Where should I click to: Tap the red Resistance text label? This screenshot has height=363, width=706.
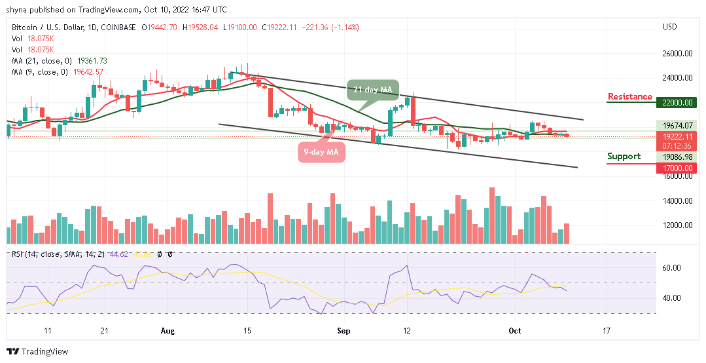pos(629,97)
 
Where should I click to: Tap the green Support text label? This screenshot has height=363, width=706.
pos(624,157)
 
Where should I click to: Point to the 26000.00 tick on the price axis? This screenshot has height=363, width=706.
pos(677,54)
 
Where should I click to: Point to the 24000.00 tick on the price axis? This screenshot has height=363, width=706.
pos(677,78)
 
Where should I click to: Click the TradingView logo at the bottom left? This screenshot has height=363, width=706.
pos(37,352)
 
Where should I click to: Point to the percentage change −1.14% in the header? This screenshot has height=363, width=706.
pos(345,28)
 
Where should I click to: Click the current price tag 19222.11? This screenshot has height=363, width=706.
pos(677,136)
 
